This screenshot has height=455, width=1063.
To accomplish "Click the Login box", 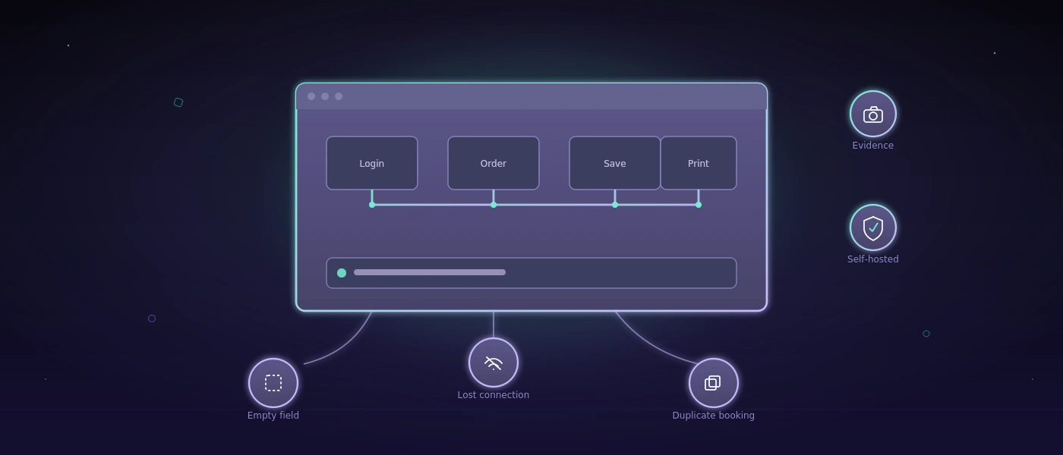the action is tap(372, 163).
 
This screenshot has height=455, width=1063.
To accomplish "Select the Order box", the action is tap(494, 163).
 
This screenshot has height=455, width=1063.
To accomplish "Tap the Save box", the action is tap(615, 163).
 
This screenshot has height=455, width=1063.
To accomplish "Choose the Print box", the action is tap(699, 163).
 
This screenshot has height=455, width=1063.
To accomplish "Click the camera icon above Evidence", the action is tap(873, 115).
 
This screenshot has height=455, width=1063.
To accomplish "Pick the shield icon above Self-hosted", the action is tap(873, 228).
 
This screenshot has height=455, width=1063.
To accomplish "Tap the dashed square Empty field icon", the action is tap(273, 383).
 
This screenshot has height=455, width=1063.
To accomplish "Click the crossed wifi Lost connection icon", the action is tap(494, 363).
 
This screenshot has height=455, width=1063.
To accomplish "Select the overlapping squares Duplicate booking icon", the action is tap(713, 383).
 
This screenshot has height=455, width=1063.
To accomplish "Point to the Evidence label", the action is tap(872, 146).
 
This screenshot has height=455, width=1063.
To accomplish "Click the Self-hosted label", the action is tap(872, 259).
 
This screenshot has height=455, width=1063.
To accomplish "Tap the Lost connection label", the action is tap(493, 395).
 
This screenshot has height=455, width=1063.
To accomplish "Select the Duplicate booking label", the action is tap(713, 416).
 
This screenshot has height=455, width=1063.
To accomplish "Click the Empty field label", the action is tap(273, 416).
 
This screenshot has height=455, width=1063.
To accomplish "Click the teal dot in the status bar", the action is tap(342, 273).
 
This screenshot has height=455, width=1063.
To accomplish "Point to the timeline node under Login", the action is tap(372, 205).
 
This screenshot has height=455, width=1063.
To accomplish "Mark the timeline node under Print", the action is tap(699, 205).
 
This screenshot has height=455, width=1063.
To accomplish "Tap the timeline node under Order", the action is tap(494, 205).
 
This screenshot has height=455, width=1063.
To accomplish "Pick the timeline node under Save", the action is tap(615, 205).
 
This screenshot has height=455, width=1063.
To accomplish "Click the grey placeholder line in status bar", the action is tap(430, 272).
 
